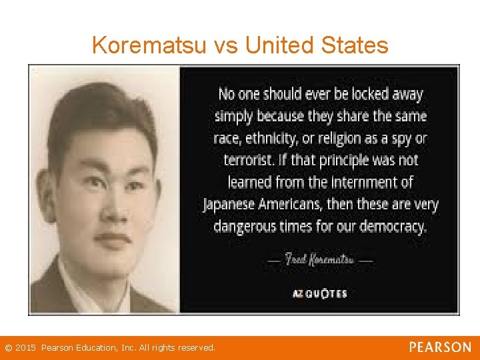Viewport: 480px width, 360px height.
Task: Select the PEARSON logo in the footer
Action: [440, 347]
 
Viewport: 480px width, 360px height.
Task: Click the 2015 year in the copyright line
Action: [26, 348]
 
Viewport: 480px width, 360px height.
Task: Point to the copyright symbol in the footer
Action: [8, 348]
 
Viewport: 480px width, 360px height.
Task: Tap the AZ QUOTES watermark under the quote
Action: [320, 293]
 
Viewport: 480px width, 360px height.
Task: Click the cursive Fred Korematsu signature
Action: [320, 259]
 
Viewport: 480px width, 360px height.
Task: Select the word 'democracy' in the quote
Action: [393, 227]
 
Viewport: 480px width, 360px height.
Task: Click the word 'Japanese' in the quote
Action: [232, 204]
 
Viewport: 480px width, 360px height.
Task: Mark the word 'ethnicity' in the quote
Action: [273, 139]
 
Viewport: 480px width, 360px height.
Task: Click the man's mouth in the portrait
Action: [112, 237]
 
